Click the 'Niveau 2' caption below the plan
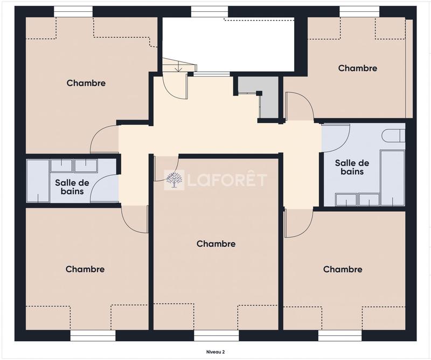pyautogui.click(x=215, y=351)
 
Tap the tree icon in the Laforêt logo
pyautogui.click(x=174, y=180)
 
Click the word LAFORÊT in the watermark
pyautogui.click(x=226, y=180)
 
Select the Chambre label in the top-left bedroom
pyautogui.click(x=86, y=83)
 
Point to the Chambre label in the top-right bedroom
pyautogui.click(x=357, y=68)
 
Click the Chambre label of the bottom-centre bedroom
pyautogui.click(x=216, y=244)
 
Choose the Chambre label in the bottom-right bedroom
pyautogui.click(x=343, y=269)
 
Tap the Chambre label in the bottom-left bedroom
pyautogui.click(x=85, y=269)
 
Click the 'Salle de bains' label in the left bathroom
pyautogui.click(x=72, y=186)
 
